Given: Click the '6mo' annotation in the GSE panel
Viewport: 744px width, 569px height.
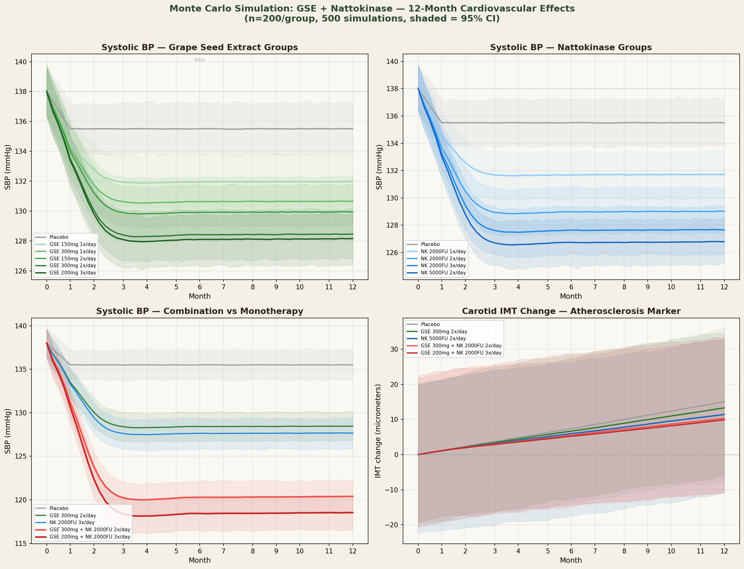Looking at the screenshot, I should point(200,60).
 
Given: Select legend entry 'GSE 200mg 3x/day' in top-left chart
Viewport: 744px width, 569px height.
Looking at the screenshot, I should point(72,272).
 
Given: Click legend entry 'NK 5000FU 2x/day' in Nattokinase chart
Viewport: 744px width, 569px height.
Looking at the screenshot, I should point(443,272).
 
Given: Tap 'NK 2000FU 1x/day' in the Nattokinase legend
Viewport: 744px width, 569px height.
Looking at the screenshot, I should point(443,251).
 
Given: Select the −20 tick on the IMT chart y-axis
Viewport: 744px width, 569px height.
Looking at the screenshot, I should point(391,525).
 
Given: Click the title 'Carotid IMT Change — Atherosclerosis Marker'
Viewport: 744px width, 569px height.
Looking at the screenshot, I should point(571,311).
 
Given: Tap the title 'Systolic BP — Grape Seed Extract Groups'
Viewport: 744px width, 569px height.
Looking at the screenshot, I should point(200,47).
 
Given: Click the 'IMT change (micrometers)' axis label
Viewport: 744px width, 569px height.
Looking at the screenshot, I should point(378,431).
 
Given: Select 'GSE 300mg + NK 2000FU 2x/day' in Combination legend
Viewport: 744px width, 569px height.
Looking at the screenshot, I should point(90,530).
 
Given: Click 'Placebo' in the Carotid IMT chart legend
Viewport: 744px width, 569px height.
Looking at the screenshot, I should point(430,325).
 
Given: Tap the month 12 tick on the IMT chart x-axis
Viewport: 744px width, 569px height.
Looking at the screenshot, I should point(724,551).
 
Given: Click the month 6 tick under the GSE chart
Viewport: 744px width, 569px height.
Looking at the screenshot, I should point(200,287).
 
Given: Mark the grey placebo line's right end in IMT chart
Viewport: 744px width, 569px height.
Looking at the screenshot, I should point(724,402).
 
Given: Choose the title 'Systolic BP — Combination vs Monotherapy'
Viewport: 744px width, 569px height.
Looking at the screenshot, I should point(200,311).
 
